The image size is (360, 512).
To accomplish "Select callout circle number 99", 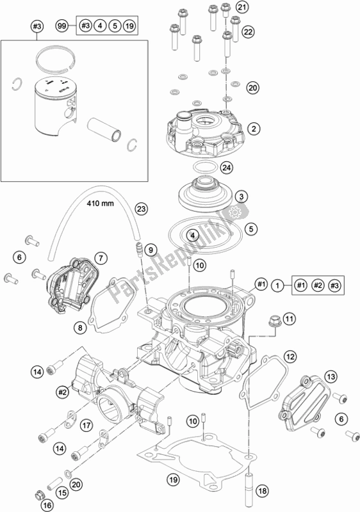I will pos(62,26).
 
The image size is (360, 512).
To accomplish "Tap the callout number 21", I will pos(241,7).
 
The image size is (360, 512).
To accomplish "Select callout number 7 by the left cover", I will pos(119,258).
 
